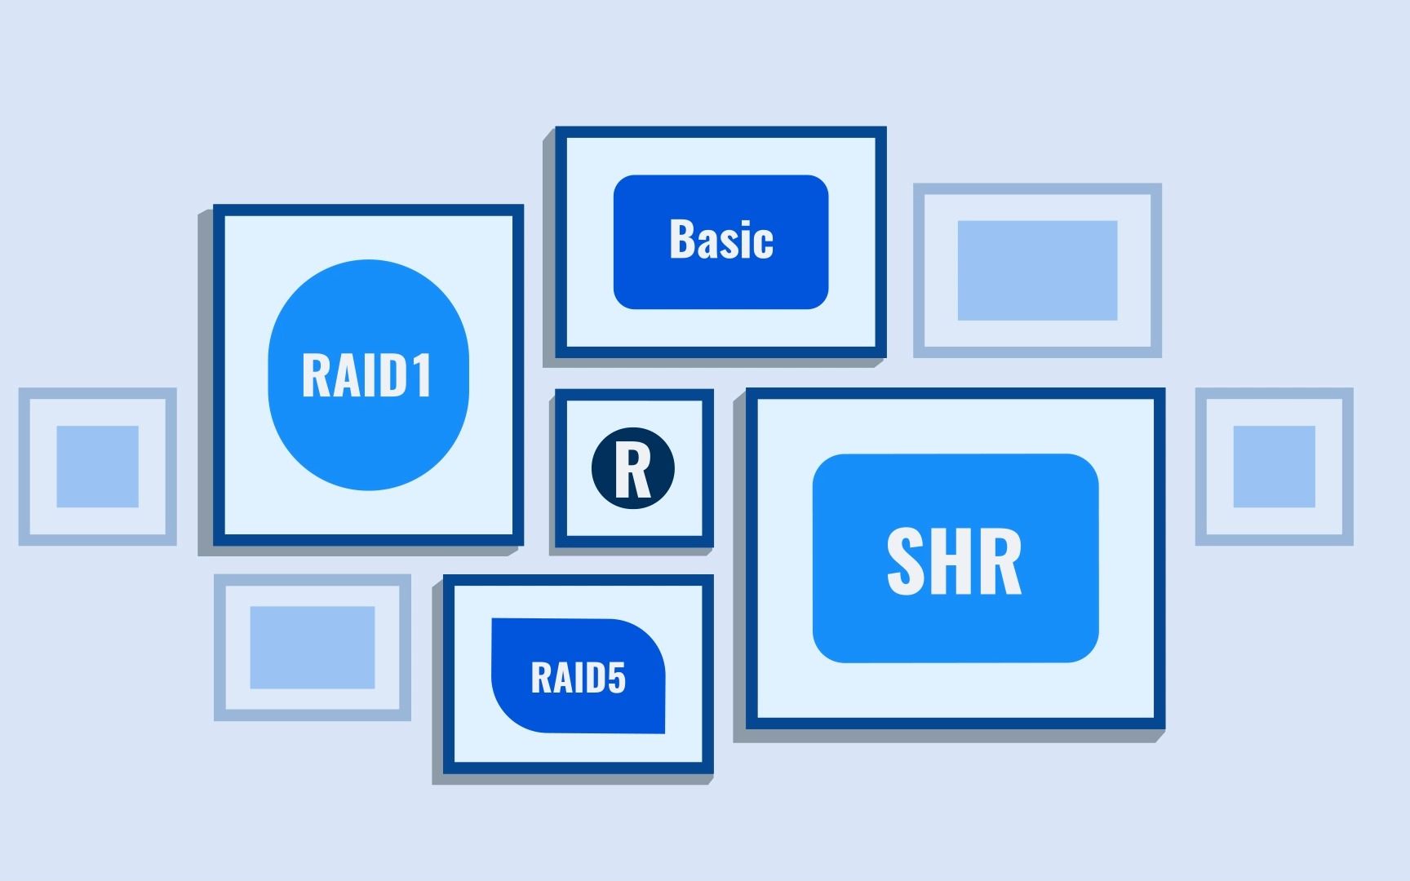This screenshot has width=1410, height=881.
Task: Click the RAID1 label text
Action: pyautogui.click(x=366, y=375)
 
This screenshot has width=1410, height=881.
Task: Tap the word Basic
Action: pyautogui.click(x=721, y=240)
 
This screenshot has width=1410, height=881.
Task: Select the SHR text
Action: pyautogui.click(x=954, y=561)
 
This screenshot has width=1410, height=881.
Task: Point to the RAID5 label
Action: pyautogui.click(x=578, y=678)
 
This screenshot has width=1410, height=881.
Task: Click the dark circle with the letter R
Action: pyautogui.click(x=633, y=468)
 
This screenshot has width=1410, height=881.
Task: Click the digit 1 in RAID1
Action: pyautogui.click(x=422, y=375)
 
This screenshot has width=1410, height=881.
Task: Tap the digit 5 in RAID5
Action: pyautogui.click(x=617, y=678)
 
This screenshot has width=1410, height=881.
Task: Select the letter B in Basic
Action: pyautogui.click(x=681, y=240)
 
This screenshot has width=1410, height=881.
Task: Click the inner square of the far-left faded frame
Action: pyautogui.click(x=97, y=467)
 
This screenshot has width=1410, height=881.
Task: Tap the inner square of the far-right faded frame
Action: pyautogui.click(x=1274, y=467)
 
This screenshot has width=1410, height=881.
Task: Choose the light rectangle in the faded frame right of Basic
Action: pyautogui.click(x=1037, y=270)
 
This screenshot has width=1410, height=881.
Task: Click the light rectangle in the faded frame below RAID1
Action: pyautogui.click(x=312, y=647)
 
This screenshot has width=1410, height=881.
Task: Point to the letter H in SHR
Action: pyautogui.click(x=953, y=561)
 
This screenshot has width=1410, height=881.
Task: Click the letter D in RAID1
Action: pyautogui.click(x=393, y=375)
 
